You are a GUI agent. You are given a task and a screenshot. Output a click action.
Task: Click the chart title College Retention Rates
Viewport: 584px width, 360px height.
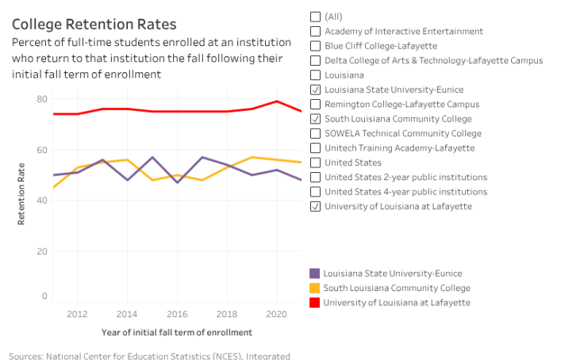tap(94, 25)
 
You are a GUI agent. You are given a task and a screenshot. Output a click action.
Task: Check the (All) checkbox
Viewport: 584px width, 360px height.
tap(316, 17)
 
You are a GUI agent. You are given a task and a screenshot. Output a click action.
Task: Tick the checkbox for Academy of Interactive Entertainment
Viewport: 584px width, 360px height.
tap(316, 31)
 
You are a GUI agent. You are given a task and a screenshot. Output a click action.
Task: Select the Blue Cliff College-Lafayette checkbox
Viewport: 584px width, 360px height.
tap(316, 46)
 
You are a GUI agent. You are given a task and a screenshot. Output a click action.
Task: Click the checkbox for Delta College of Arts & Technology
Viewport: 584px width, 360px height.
tap(316, 60)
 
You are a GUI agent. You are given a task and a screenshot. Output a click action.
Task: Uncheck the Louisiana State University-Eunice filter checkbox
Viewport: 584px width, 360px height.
tap(316, 90)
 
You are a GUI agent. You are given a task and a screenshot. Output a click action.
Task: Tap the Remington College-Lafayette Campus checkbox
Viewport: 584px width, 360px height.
tap(316, 104)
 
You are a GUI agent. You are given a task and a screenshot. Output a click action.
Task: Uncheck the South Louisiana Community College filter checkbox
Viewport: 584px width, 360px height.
tap(316, 119)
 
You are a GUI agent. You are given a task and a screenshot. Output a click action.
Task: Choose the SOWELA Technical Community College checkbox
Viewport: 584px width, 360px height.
tap(316, 133)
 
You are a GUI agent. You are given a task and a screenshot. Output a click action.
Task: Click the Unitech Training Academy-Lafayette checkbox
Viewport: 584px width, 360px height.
tap(316, 147)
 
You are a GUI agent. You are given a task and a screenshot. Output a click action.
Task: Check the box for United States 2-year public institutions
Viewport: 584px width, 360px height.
tap(316, 177)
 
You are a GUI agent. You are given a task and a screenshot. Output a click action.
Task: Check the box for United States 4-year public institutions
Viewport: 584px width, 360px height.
tap(316, 192)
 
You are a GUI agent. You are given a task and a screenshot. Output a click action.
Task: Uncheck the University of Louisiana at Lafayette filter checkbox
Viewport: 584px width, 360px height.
tap(316, 206)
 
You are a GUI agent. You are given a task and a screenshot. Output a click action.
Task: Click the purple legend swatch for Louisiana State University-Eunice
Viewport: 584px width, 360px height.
tap(315, 274)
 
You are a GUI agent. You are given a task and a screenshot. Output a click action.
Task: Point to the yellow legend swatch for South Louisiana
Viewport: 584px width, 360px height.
tap(315, 288)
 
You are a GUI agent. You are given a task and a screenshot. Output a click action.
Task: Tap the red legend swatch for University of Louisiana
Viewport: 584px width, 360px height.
tap(315, 302)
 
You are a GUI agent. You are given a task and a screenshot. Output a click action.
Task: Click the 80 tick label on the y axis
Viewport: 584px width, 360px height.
tap(42, 99)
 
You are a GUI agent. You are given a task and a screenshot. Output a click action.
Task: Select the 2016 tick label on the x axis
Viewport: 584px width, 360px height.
tap(177, 314)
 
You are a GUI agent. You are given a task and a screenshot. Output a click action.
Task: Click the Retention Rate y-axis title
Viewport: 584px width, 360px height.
tap(21, 193)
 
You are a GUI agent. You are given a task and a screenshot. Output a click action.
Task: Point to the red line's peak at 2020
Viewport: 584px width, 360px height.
tap(277, 101)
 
